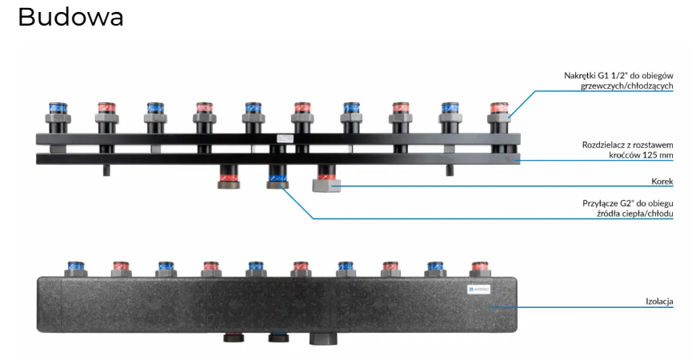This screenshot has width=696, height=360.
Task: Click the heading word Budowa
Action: (70, 17)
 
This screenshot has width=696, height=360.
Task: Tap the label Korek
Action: (662, 181)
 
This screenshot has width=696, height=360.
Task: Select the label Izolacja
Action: (659, 302)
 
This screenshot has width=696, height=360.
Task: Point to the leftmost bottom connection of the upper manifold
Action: (229, 176)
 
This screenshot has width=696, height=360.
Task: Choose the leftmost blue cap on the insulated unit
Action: (77, 267)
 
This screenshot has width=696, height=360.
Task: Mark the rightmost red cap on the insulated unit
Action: (480, 267)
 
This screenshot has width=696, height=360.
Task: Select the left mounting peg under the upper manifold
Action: (106, 169)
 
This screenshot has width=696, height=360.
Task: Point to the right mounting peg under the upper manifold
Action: (450, 169)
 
